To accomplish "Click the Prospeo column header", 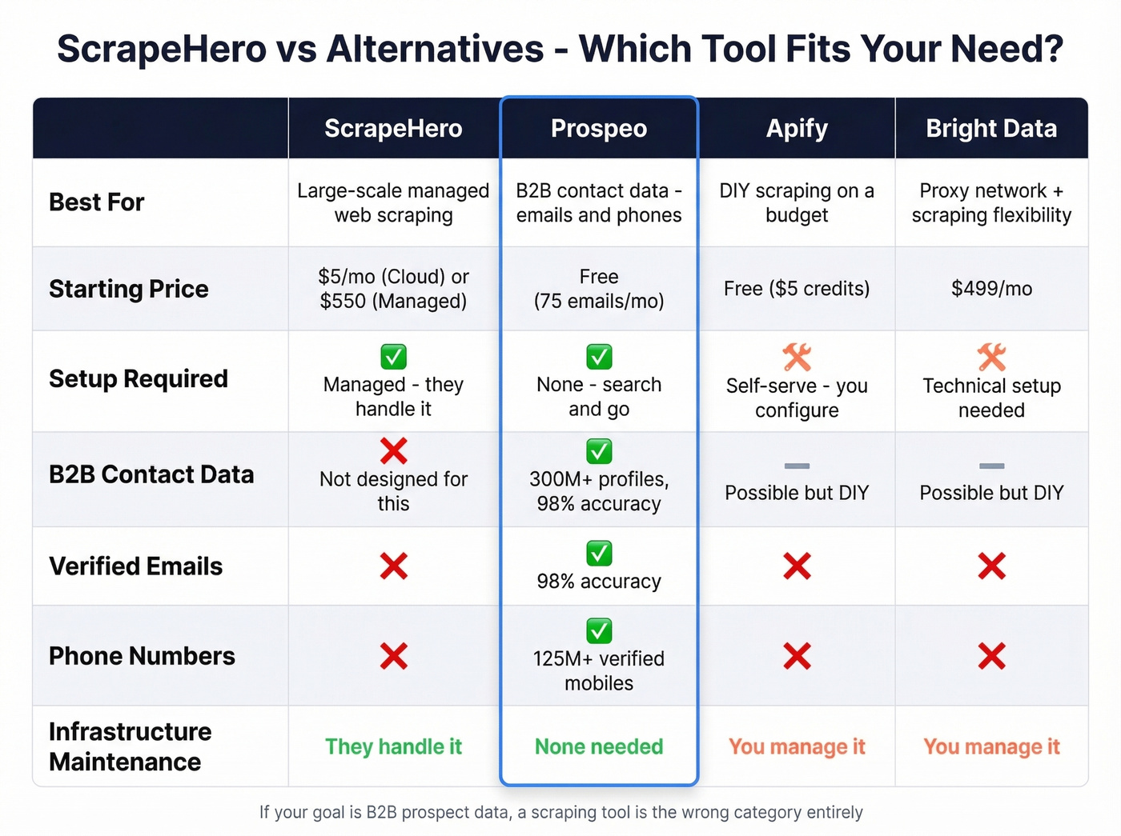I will click(599, 129).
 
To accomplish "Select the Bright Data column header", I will click(991, 129).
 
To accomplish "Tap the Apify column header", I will click(797, 129).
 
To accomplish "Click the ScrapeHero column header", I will click(393, 129).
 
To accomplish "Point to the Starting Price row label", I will click(129, 289).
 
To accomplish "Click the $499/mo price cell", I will click(991, 289).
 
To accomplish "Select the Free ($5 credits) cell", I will click(797, 289).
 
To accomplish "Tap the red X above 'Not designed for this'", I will click(393, 451).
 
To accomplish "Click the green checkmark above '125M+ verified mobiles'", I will click(599, 630).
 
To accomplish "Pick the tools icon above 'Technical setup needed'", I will click(991, 357).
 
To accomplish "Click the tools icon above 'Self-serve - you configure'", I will click(797, 357).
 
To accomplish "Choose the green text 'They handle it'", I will click(393, 747).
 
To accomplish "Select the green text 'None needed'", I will click(599, 747).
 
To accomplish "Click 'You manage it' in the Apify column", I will click(797, 747).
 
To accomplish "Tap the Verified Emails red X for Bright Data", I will click(991, 566).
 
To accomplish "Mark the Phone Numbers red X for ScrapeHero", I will click(393, 656).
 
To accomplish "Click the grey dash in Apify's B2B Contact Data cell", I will click(797, 466).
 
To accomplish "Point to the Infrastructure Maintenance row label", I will click(130, 746).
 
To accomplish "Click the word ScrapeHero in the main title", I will click(161, 50).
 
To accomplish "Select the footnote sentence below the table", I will click(560, 813).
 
